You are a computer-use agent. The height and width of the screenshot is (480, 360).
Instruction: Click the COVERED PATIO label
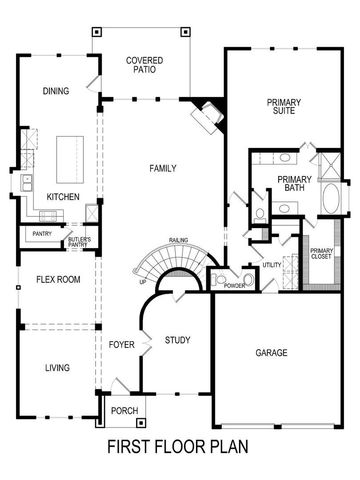(144, 66)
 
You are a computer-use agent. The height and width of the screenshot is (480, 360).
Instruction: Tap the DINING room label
(56, 91)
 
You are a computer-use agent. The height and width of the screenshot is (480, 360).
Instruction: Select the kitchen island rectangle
(69, 154)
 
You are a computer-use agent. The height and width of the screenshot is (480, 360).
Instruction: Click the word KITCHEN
(62, 197)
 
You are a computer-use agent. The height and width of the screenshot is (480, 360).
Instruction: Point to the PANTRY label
(41, 234)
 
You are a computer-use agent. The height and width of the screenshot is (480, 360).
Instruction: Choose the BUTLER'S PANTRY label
(80, 241)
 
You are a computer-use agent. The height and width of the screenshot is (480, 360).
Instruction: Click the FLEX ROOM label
(58, 279)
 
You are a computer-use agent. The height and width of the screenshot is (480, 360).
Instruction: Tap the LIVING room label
(57, 368)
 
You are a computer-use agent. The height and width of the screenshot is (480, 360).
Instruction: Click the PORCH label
(124, 409)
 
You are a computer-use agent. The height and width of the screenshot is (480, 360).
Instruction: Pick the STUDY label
(177, 341)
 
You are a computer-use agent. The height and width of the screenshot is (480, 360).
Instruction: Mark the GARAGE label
(271, 353)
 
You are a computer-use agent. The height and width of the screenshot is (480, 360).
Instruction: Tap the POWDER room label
(235, 285)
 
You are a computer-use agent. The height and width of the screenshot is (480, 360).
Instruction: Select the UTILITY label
(272, 265)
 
